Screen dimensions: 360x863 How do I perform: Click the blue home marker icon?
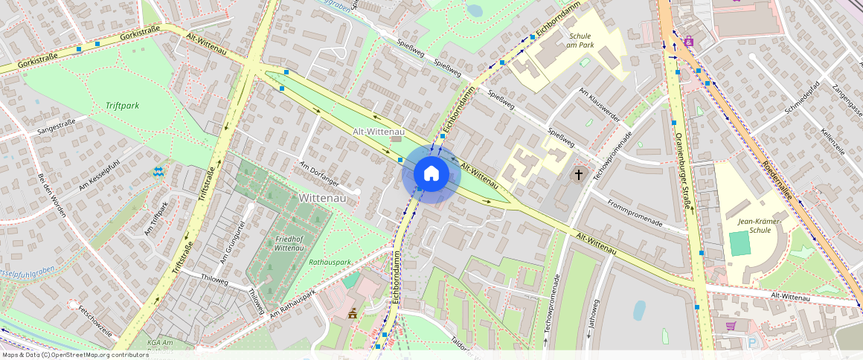[431, 174]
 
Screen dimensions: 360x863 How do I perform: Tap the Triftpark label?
[122, 106]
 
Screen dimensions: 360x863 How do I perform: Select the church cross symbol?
[579, 174]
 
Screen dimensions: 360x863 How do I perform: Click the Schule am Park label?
[580, 41]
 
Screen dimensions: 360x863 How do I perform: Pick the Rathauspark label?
[330, 262]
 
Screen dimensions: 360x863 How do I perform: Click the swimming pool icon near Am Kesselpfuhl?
[158, 172]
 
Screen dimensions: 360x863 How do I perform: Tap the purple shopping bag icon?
[689, 41]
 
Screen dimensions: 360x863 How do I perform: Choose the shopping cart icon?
[731, 326]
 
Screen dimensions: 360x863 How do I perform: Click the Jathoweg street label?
[593, 316]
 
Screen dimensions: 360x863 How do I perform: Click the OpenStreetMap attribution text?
[74, 355]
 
